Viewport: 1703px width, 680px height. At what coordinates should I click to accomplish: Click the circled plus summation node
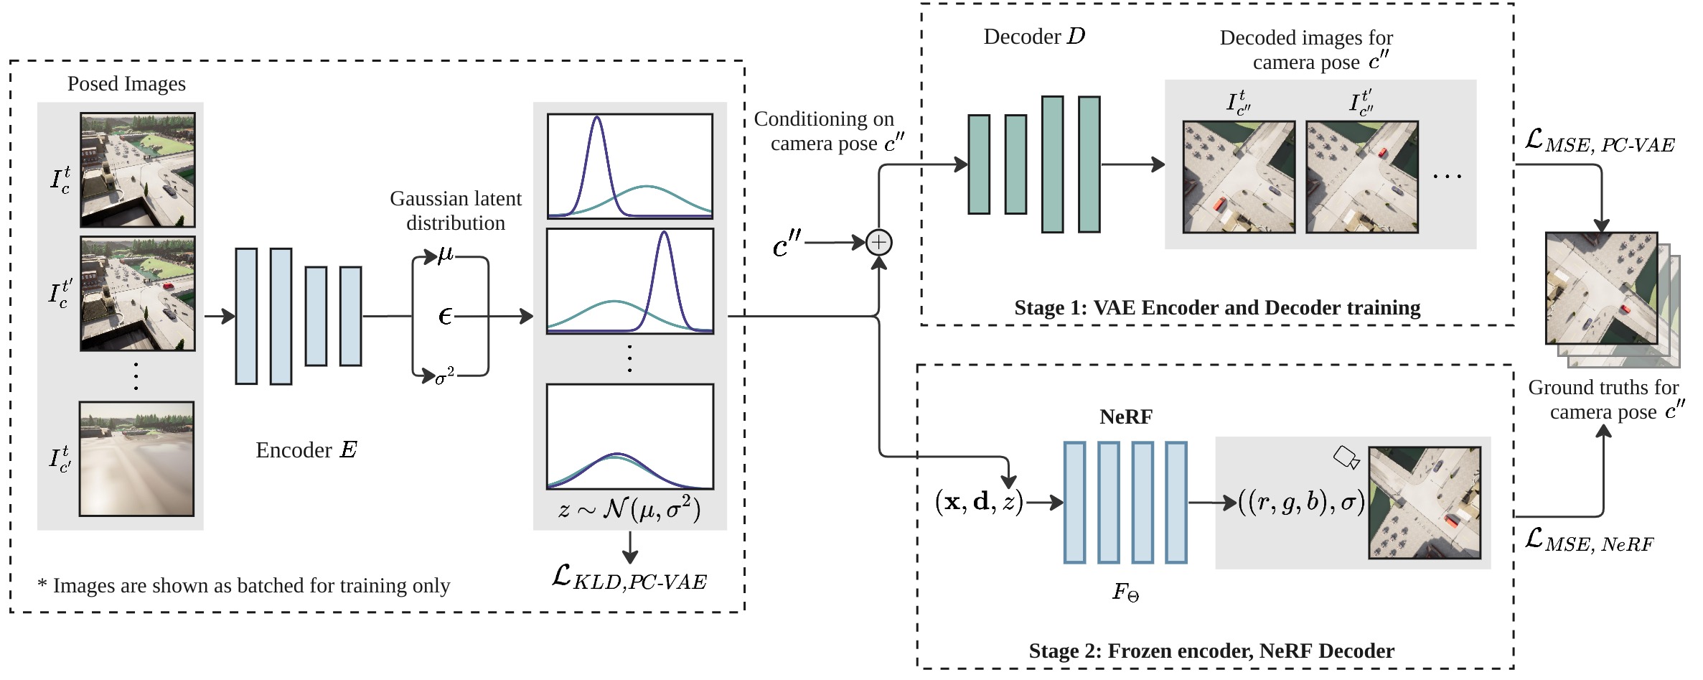[x=878, y=243]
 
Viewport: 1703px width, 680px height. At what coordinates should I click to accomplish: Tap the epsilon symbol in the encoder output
[x=446, y=316]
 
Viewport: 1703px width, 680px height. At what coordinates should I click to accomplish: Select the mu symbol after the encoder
[x=446, y=256]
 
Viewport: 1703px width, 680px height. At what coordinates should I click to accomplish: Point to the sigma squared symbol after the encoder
[x=445, y=375]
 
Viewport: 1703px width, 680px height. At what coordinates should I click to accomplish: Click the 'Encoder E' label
[x=306, y=450]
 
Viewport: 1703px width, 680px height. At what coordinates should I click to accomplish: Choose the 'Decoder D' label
[x=1034, y=37]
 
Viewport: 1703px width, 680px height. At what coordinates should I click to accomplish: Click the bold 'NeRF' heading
[x=1126, y=416]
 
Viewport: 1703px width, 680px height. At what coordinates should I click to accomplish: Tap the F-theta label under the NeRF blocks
[x=1126, y=592]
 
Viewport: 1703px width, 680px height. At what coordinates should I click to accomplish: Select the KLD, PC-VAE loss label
[x=629, y=577]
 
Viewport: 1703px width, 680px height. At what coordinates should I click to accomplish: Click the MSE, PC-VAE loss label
[x=1600, y=141]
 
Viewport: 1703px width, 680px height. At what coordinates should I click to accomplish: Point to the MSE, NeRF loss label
[x=1589, y=541]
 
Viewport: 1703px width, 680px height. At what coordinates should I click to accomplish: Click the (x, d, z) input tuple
[x=980, y=502]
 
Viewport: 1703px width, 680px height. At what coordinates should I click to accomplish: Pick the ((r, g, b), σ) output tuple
[x=1302, y=502]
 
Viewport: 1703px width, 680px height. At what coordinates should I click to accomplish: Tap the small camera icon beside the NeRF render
[x=1346, y=457]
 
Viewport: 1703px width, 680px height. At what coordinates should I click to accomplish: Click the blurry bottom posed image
[x=136, y=459]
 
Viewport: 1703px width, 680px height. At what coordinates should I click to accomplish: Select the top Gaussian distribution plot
[x=630, y=166]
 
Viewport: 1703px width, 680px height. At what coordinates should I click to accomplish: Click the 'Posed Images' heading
[x=126, y=84]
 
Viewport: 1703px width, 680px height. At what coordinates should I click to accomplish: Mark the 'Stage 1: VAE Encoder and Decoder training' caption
[x=1217, y=308]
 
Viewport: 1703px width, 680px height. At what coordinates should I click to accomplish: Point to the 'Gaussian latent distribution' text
[x=456, y=210]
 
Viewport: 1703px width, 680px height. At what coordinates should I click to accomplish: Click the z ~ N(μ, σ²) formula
[x=629, y=510]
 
